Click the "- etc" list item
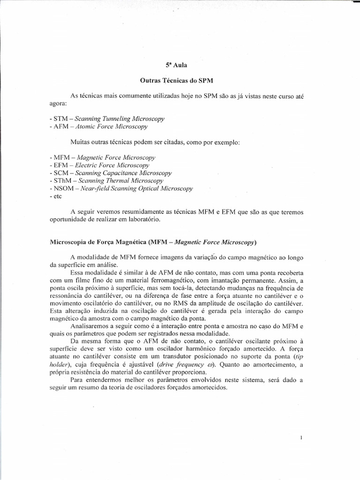56,196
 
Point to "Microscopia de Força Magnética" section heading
98,242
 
